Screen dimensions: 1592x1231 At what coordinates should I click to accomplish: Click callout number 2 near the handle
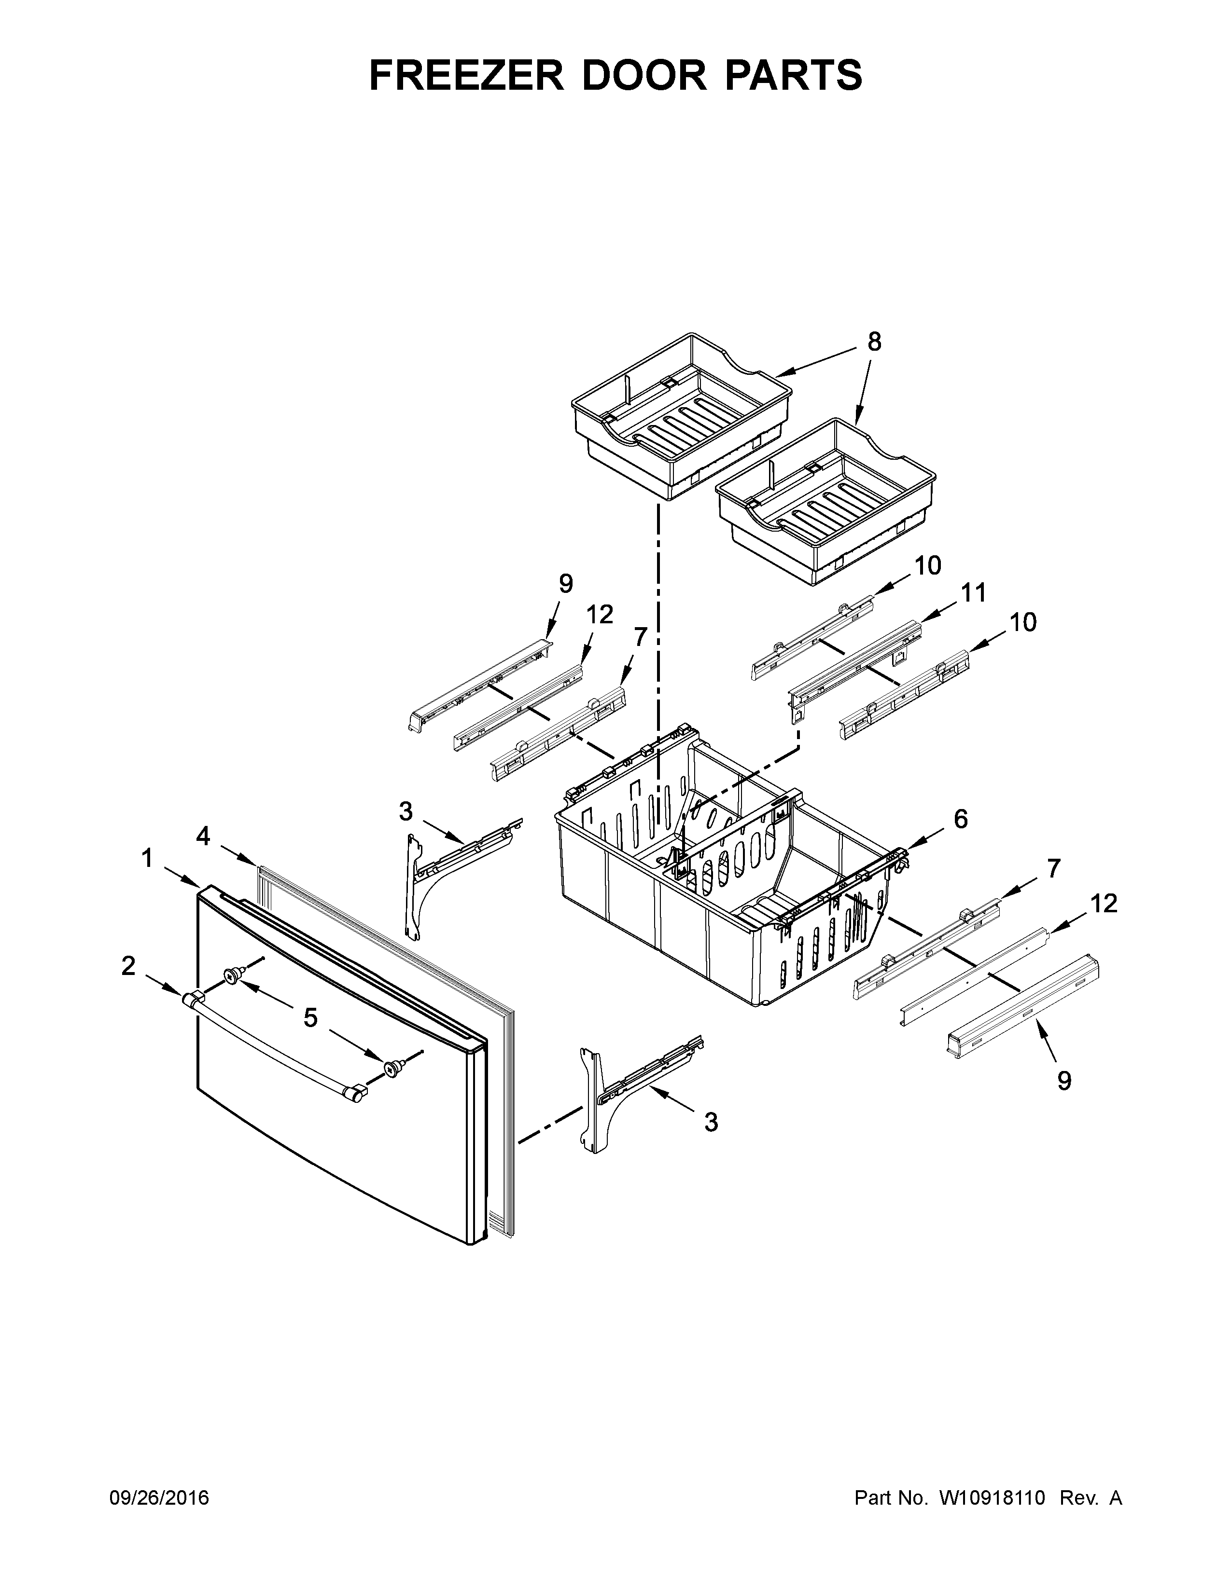(x=128, y=967)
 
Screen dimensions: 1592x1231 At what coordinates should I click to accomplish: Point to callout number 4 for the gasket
(x=203, y=837)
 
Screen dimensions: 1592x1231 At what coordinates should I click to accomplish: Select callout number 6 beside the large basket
(x=961, y=819)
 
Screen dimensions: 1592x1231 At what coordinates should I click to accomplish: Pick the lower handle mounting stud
(x=394, y=1068)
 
